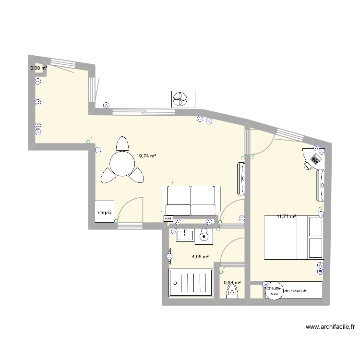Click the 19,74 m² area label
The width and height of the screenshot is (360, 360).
[146, 156]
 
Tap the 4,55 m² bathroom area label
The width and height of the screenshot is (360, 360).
[200, 257]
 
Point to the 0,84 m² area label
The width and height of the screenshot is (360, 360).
[232, 283]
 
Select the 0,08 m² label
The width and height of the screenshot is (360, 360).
[39, 68]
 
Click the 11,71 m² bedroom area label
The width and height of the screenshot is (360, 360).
[286, 216]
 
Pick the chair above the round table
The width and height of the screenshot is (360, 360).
[123, 144]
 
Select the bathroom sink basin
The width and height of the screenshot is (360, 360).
[185, 235]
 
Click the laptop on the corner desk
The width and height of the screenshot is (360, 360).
[315, 158]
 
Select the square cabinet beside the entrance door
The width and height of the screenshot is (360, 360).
[104, 212]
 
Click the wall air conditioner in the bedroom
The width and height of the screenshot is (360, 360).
[320, 185]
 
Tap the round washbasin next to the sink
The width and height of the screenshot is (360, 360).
[204, 236]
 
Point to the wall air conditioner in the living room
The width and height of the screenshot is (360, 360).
[242, 179]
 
